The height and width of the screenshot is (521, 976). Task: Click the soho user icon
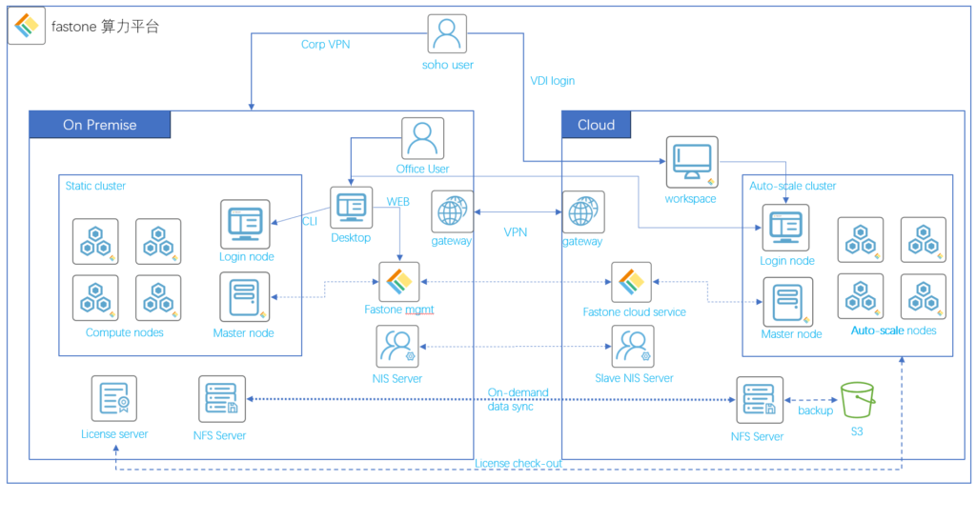[447, 34]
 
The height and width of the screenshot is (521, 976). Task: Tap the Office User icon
[423, 139]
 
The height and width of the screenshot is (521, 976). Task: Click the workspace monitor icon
[691, 162]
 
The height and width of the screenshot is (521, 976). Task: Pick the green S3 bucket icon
[857, 399]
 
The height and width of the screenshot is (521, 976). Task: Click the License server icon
[114, 398]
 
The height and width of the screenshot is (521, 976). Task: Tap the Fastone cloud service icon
[632, 282]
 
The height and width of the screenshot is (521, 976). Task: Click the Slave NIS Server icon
[633, 347]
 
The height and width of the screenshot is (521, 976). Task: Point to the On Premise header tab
[100, 125]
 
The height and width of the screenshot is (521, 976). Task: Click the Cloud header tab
[597, 125]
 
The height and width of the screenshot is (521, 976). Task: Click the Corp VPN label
[326, 44]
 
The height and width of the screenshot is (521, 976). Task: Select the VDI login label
[553, 81]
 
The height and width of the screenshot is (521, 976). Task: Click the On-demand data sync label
[518, 399]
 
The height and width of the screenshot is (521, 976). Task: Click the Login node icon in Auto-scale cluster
[785, 227]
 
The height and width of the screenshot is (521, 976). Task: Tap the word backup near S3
[815, 411]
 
